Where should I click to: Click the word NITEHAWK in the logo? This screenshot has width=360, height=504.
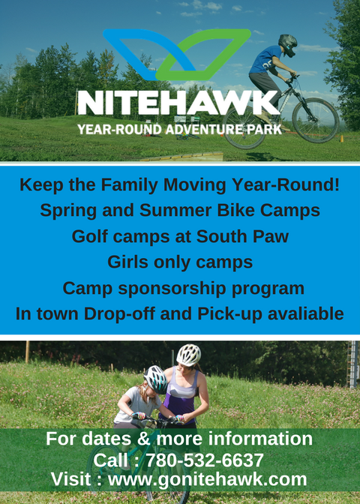point(178,103)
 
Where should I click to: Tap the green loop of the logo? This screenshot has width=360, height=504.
point(225,38)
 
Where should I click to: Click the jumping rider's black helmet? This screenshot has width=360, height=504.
point(288,45)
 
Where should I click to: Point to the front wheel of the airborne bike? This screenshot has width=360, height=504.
point(315,120)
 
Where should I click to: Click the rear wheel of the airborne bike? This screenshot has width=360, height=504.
point(244,127)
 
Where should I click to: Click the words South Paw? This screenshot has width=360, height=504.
point(242,236)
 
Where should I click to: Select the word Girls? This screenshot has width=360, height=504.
point(128,262)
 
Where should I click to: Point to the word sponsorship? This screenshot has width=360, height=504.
point(172,288)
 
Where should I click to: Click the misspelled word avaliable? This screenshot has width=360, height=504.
point(306,313)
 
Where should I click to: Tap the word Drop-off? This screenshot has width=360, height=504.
point(119,313)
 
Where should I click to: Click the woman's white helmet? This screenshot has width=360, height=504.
point(189,355)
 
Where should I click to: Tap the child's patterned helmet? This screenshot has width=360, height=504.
point(155,379)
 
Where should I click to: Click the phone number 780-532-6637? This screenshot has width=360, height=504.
point(205,460)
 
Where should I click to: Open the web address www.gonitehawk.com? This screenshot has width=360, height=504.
point(207,479)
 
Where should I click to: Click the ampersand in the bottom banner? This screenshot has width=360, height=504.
point(144,439)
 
